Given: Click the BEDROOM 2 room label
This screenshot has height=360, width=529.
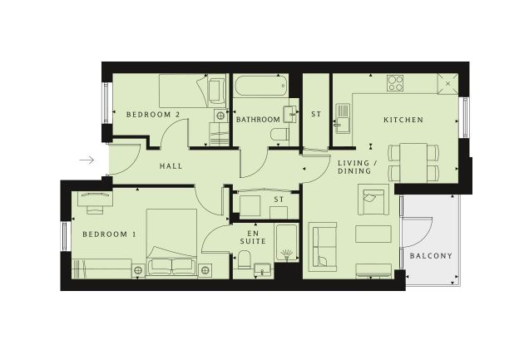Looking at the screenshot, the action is pyautogui.click(x=153, y=114).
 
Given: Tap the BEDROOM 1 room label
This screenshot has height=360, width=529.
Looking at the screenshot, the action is pyautogui.click(x=109, y=234).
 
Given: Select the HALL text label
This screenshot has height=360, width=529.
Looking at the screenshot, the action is pyautogui.click(x=171, y=165).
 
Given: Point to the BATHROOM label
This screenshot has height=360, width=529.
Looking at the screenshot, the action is pyautogui.click(x=258, y=120).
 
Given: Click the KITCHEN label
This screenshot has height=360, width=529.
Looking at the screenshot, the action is pyautogui.click(x=403, y=120).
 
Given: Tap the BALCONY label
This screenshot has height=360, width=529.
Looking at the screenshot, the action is pyautogui.click(x=431, y=256).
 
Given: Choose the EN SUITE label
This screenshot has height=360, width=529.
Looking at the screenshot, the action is pyautogui.click(x=253, y=237).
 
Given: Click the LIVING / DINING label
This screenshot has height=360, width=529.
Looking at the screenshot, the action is pyautogui.click(x=358, y=167).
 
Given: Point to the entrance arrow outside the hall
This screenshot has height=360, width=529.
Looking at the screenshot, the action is pyautogui.click(x=87, y=160).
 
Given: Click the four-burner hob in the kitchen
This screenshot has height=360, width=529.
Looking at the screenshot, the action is pyautogui.click(x=395, y=82).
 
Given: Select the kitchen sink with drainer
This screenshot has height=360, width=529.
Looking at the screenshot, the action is pyautogui.click(x=343, y=118).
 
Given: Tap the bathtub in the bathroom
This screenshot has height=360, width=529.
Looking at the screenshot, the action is pyautogui.click(x=260, y=86).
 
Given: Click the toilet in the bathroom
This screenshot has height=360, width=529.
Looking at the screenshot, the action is pyautogui.click(x=279, y=134).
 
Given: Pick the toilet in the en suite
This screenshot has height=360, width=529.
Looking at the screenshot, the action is pyautogui.click(x=243, y=259).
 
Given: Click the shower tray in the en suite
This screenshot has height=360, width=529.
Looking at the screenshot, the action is pyautogui.click(x=287, y=242).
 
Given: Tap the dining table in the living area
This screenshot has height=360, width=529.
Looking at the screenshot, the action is pyautogui.click(x=413, y=163).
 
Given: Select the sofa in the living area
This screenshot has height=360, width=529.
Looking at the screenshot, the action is pyautogui.click(x=324, y=247).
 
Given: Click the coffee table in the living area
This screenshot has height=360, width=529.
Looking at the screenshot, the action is pyautogui.click(x=373, y=234).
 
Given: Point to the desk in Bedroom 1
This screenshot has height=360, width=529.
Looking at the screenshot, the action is pyautogui.click(x=95, y=199).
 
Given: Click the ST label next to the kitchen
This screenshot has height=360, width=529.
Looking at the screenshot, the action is pyautogui.click(x=316, y=114).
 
